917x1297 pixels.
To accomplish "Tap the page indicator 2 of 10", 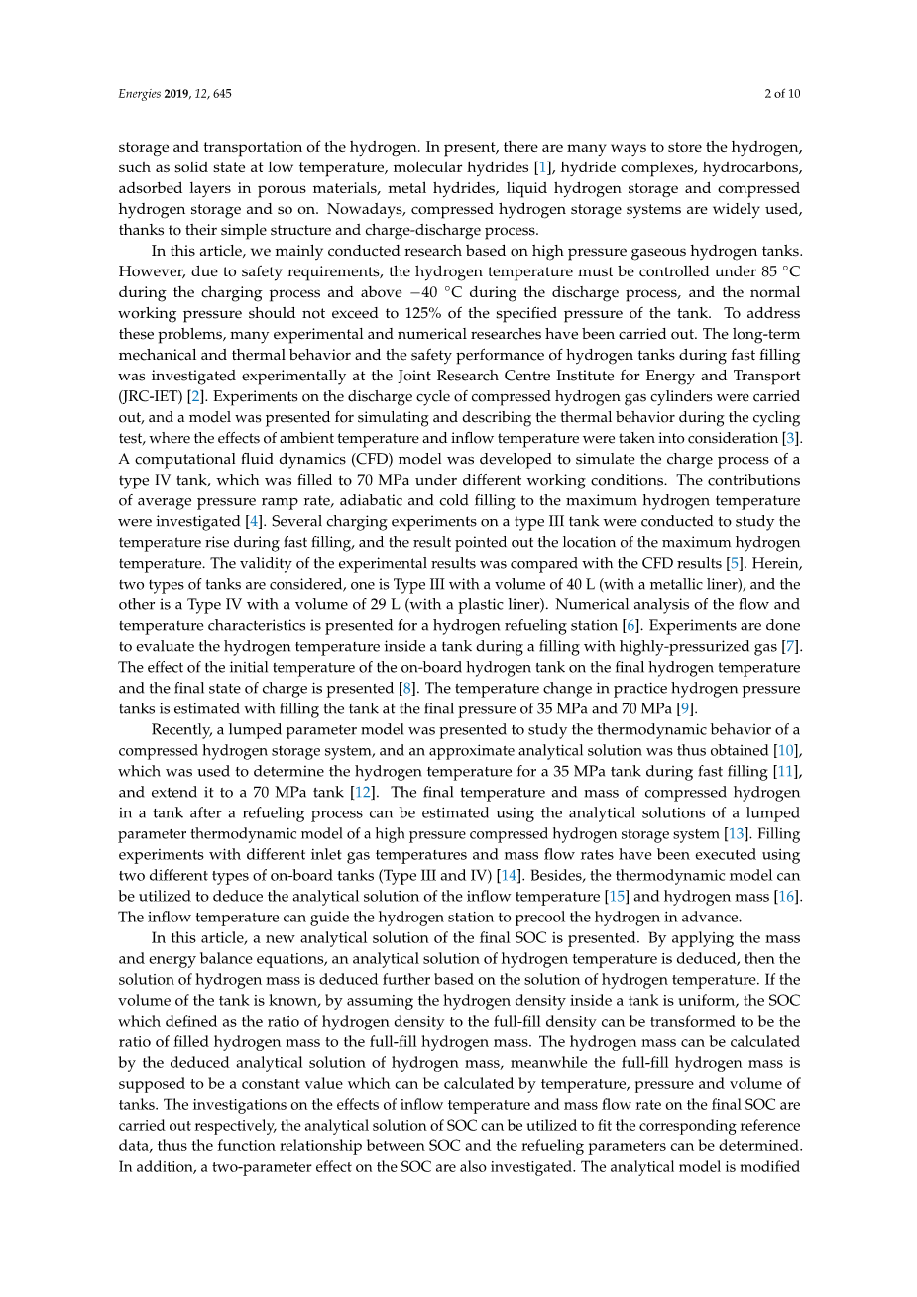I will pyautogui.click(x=782, y=94).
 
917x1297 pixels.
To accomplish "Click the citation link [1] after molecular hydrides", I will pyautogui.click(x=542, y=167).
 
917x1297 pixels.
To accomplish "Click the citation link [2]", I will pyautogui.click(x=196, y=396).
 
